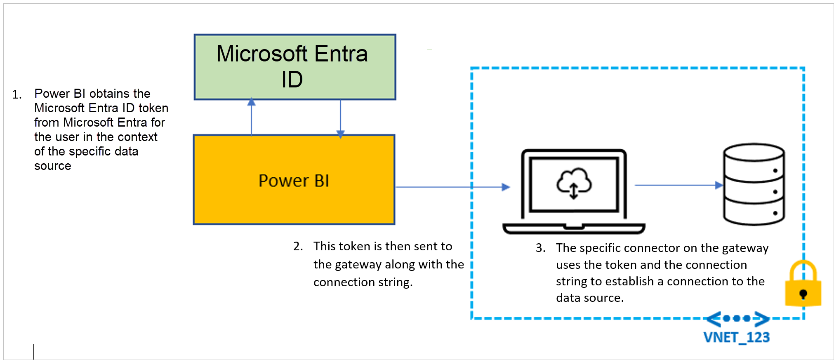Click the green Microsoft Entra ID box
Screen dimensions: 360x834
click(x=295, y=67)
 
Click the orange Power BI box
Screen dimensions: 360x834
click(x=294, y=180)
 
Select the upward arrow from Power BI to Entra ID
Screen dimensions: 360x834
click(x=251, y=117)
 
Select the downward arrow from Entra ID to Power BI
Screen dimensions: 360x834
click(x=340, y=118)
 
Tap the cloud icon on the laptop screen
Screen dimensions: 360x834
click(x=574, y=183)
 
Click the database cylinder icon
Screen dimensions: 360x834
click(x=754, y=184)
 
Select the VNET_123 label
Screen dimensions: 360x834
click(x=736, y=337)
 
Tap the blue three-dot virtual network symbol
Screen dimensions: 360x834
click(x=737, y=318)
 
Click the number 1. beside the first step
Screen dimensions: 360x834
click(x=17, y=95)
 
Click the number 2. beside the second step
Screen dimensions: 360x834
click(x=298, y=246)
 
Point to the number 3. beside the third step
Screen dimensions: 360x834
click(x=540, y=248)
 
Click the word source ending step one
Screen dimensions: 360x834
click(x=52, y=166)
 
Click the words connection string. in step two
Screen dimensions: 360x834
click(x=363, y=282)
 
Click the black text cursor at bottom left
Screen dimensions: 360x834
click(x=34, y=351)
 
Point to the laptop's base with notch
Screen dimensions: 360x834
click(x=573, y=228)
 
